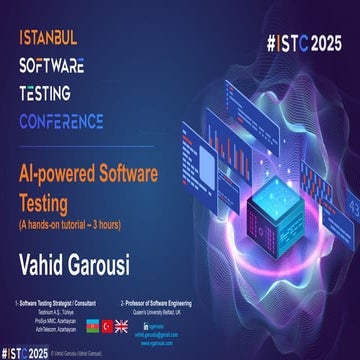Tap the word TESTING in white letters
pyautogui.click(x=51, y=94)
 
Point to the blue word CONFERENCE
pyautogui.click(x=75, y=121)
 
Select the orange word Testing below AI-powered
pyautogui.click(x=48, y=196)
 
